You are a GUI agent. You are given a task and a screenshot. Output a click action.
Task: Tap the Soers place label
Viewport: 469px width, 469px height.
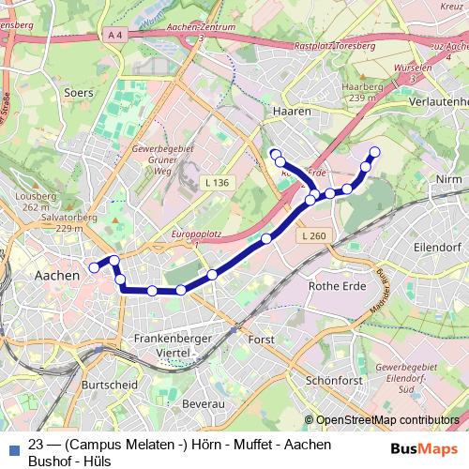pyautogui.click(x=79, y=93)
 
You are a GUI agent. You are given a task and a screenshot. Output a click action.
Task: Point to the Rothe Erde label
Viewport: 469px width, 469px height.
pyautogui.click(x=336, y=286)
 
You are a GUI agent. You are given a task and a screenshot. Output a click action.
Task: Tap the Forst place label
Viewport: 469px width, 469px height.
pyautogui.click(x=260, y=339)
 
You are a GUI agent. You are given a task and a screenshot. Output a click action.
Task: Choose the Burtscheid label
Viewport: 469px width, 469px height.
pyautogui.click(x=110, y=385)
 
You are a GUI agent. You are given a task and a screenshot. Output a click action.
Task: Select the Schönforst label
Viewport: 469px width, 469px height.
pyautogui.click(x=333, y=382)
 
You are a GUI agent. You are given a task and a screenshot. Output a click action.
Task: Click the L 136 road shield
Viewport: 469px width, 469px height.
pyautogui.click(x=217, y=182)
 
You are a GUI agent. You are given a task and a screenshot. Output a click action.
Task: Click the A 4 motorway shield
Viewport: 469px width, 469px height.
pyautogui.click(x=115, y=35)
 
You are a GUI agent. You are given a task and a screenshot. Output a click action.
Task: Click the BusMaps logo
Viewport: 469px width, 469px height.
pyautogui.click(x=423, y=447)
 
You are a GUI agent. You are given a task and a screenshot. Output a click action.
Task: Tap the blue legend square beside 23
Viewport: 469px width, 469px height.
pyautogui.click(x=15, y=447)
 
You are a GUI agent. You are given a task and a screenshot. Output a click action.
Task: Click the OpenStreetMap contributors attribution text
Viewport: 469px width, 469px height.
pyautogui.click(x=387, y=420)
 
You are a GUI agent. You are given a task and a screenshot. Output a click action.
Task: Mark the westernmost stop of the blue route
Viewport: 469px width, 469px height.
pyautogui.click(x=94, y=267)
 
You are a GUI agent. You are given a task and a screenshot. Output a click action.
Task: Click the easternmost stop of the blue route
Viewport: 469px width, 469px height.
pyautogui.click(x=375, y=151)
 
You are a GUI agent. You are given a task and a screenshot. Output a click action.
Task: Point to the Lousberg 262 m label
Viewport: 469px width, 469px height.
pyautogui.click(x=36, y=202)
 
